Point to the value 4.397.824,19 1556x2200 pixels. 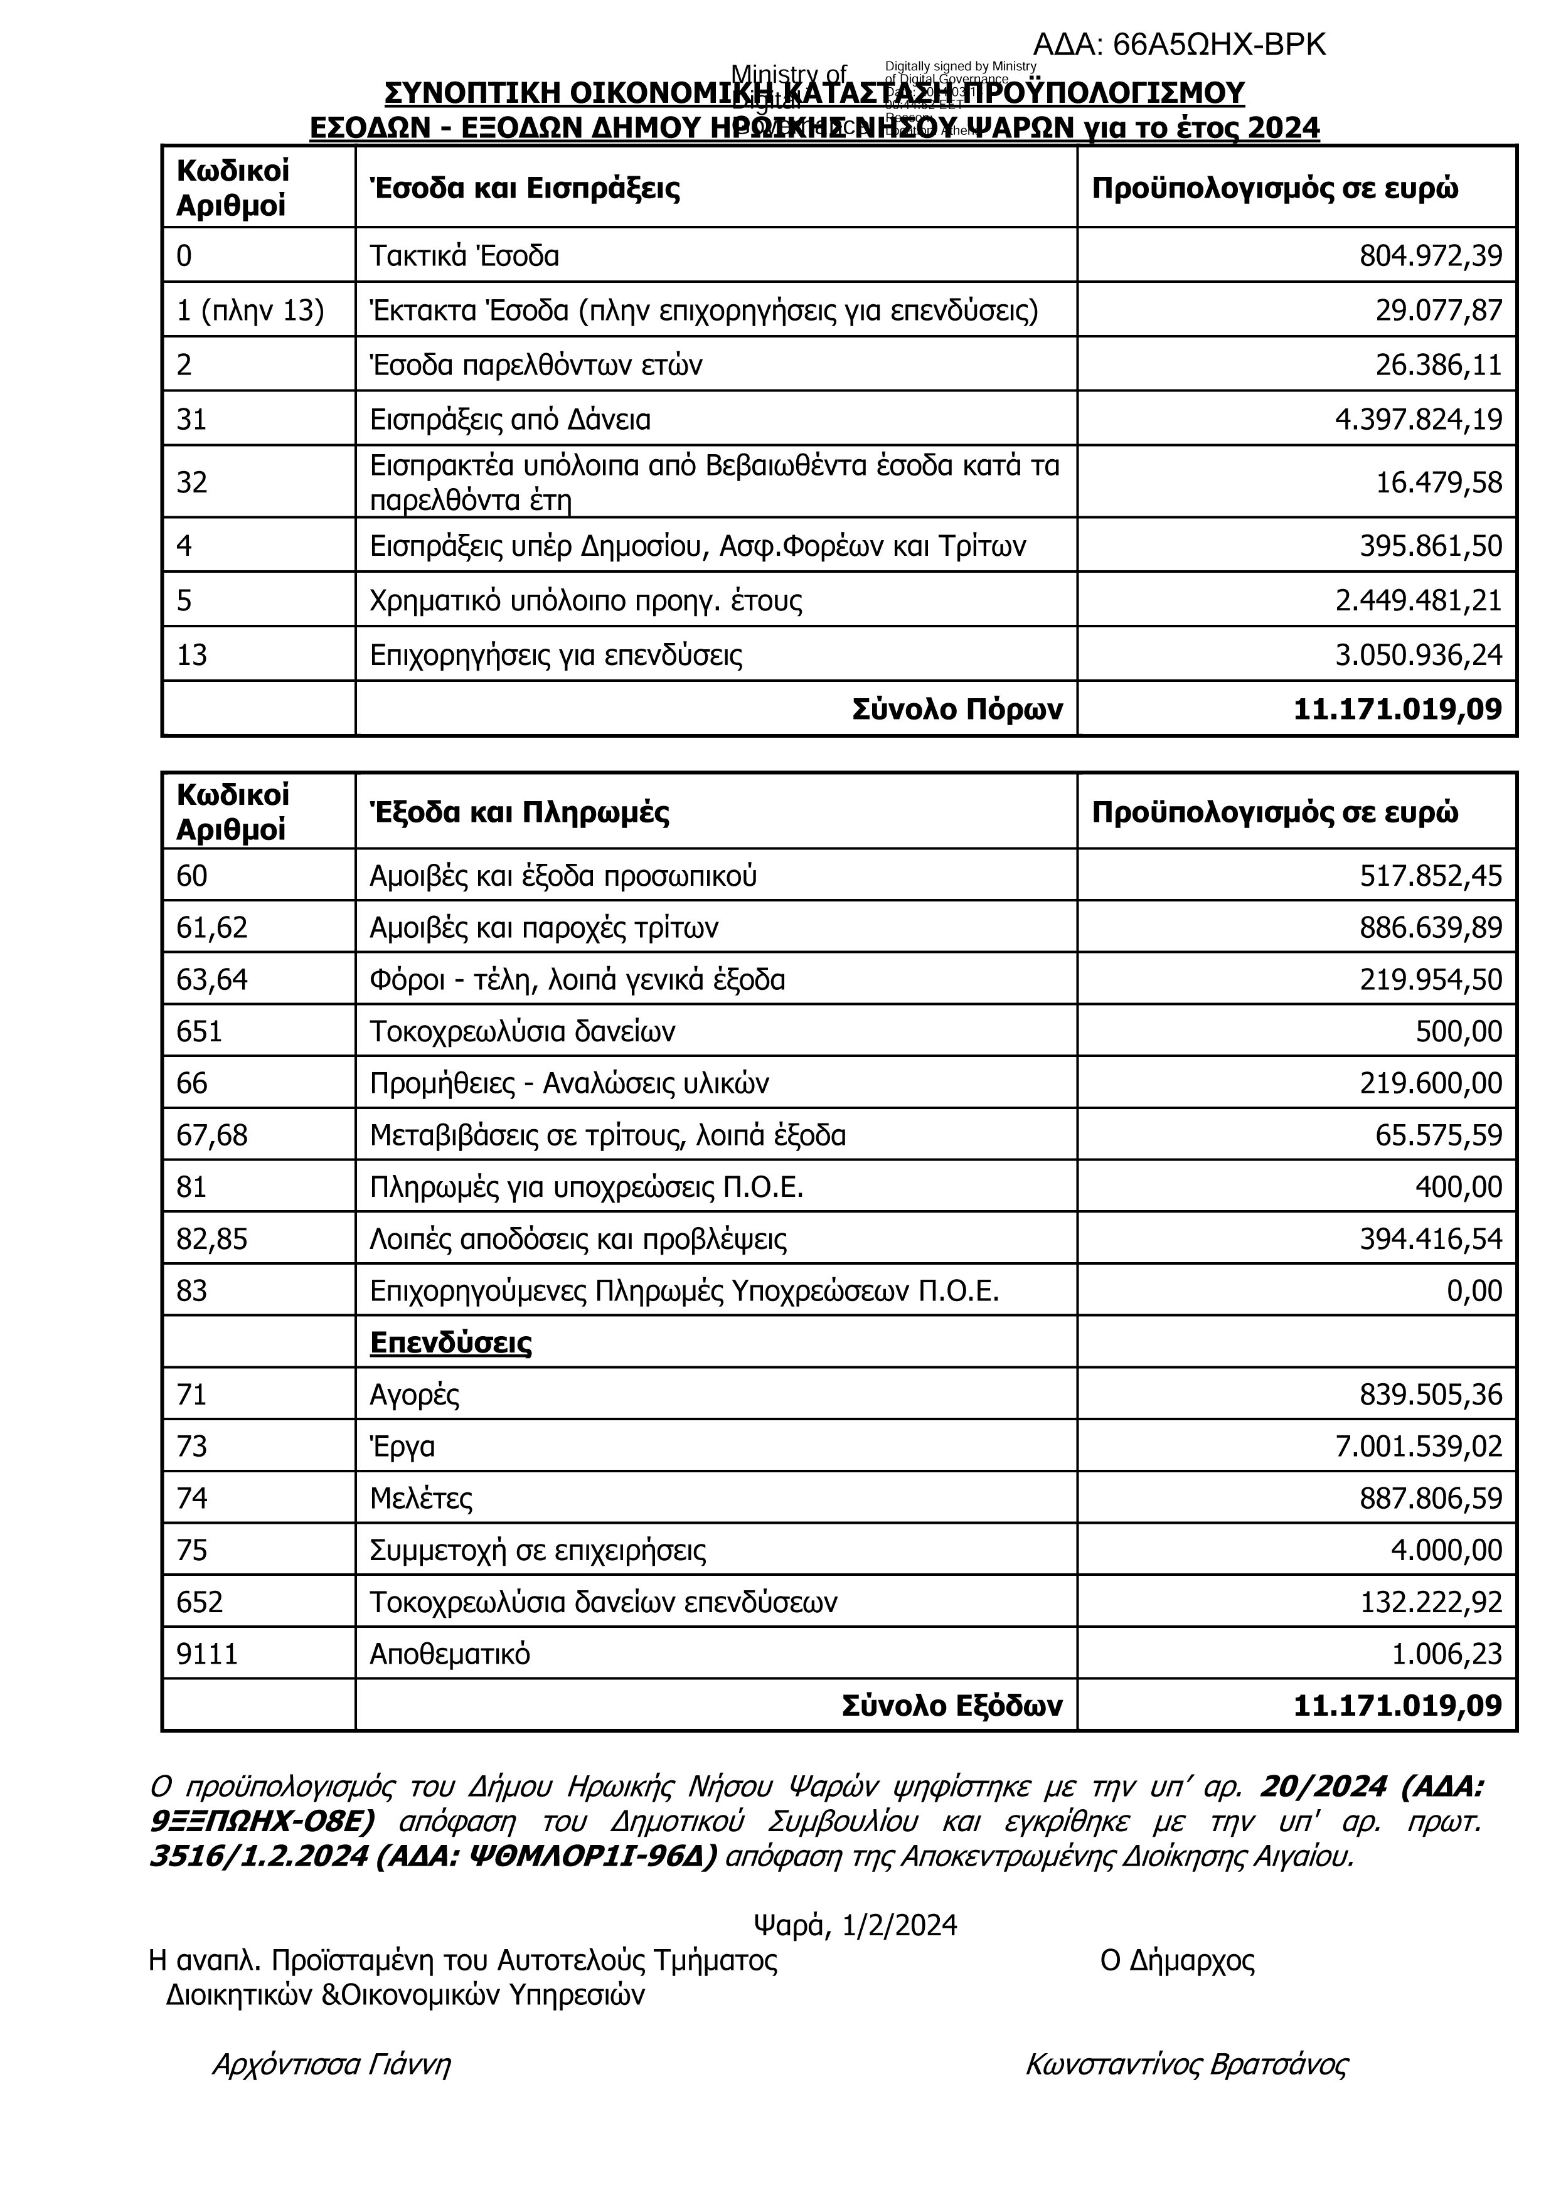[1418, 420]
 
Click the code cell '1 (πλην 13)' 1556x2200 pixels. [250, 311]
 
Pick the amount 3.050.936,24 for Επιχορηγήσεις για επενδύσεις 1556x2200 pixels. [1418, 656]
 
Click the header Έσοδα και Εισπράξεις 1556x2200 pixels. [525, 188]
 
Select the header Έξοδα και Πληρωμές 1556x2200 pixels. [520, 812]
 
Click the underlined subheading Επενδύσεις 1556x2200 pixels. [450, 1343]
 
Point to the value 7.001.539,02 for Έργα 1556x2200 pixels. [1418, 1447]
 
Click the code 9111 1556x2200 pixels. [207, 1655]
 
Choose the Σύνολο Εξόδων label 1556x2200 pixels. [952, 1706]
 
